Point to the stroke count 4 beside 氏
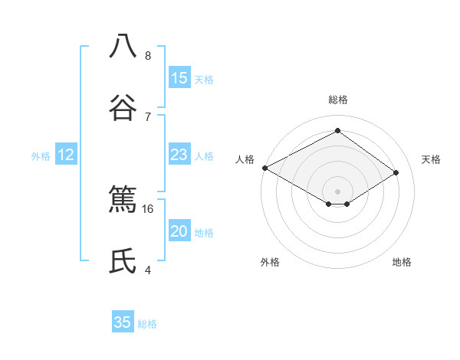coord(147,270)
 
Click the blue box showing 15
coord(179,78)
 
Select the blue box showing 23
coord(179,155)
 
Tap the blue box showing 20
coord(179,231)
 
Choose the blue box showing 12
coord(66,155)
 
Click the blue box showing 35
coord(123,322)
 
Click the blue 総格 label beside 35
coord(147,324)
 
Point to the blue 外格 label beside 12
coord(41,156)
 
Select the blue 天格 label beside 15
coord(203,80)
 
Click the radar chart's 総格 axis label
coord(337,100)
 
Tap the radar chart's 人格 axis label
coord(245,159)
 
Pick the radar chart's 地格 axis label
coord(402,262)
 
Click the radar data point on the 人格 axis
coord(264,168)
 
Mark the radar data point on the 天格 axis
coord(396,172)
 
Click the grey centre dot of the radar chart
coord(337,191)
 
